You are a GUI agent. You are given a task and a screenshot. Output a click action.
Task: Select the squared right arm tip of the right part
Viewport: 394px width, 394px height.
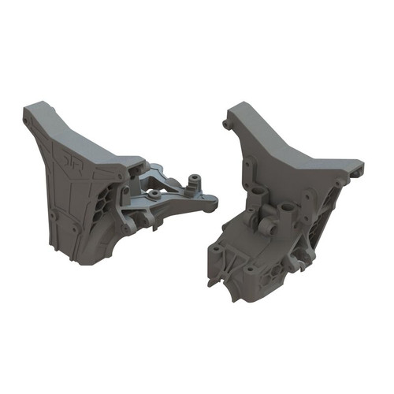point(359,167)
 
